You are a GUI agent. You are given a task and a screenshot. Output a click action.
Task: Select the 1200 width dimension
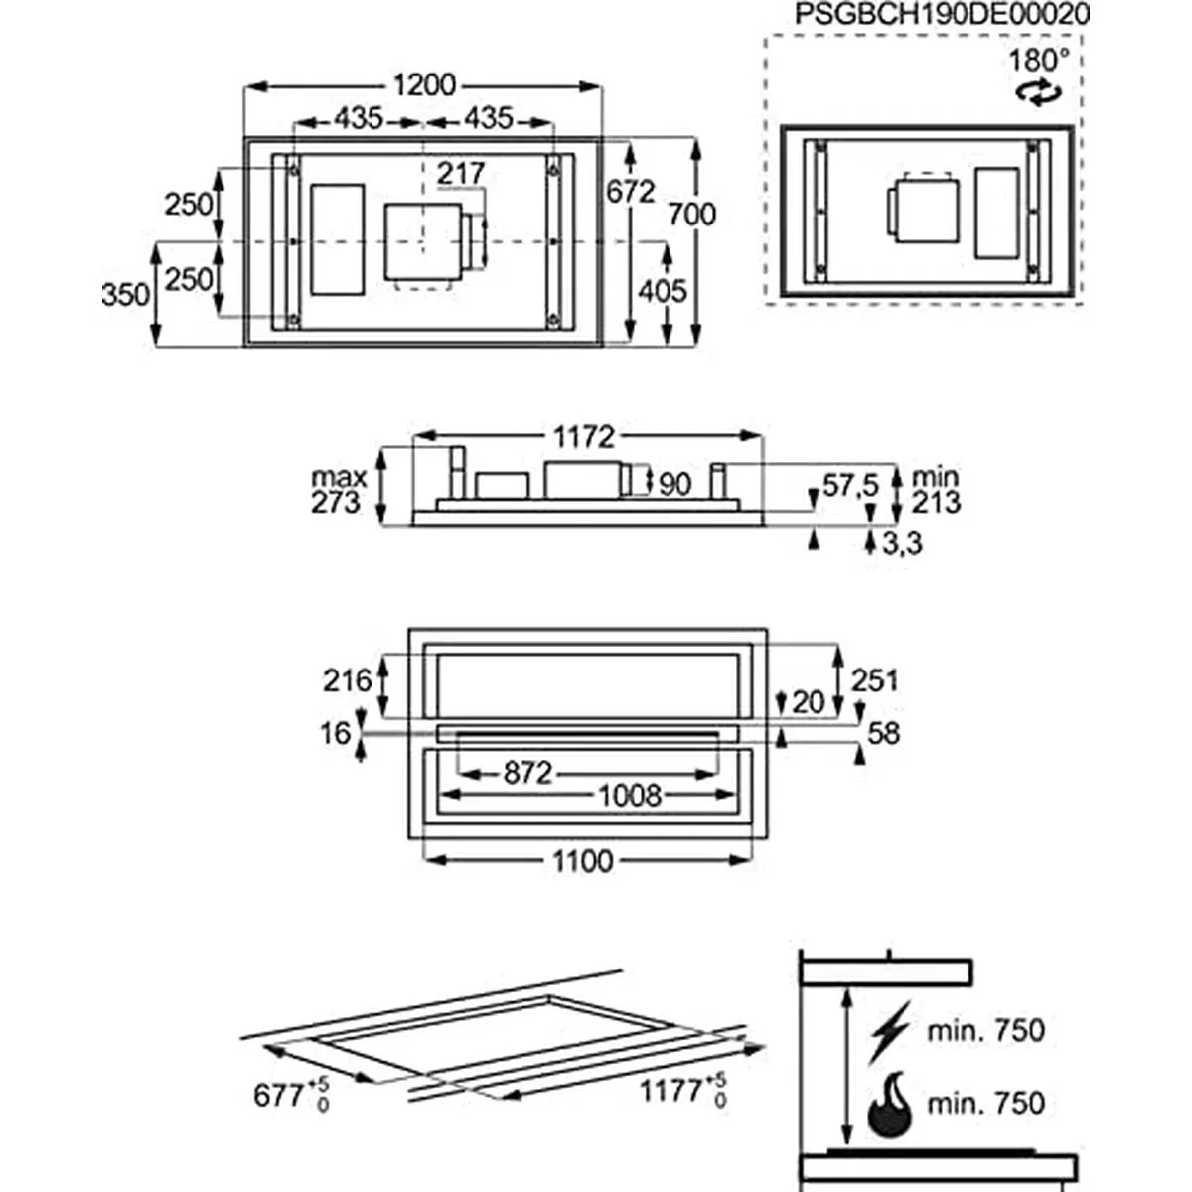point(424,85)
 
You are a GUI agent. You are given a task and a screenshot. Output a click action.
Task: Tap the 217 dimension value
point(461,174)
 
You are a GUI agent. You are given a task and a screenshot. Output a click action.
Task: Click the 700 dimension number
point(691,213)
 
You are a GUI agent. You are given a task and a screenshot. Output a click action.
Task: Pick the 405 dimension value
point(662,291)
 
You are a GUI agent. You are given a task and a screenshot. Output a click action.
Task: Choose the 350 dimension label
point(125,295)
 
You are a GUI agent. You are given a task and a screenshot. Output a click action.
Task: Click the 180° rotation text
point(1039,60)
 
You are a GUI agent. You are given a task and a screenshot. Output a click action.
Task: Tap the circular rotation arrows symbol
point(1037,94)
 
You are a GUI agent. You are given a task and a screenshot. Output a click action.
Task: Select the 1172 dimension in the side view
point(585,436)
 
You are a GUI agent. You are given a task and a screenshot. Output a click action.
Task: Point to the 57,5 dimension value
point(850,486)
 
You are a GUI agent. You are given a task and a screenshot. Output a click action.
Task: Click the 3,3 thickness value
point(901,543)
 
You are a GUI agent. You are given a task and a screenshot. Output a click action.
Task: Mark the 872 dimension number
point(526,772)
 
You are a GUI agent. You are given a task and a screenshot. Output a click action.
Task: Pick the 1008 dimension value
point(629,795)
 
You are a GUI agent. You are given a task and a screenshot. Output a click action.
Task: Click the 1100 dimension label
point(582,860)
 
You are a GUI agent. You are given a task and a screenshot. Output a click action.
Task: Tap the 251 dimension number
point(874,680)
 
